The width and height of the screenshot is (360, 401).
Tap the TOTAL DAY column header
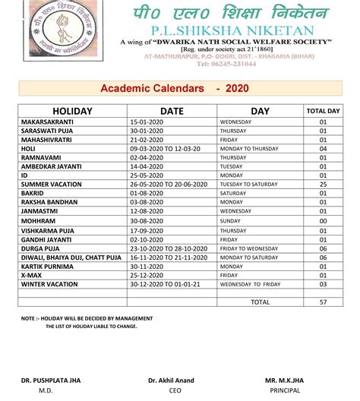(x=322, y=111)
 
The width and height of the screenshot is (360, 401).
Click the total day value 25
(x=322, y=184)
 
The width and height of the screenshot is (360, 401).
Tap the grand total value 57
(x=322, y=302)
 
